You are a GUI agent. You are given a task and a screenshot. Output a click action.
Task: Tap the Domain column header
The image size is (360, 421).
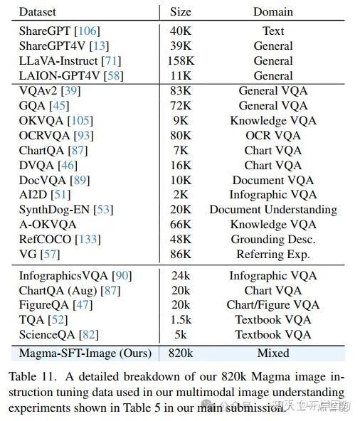coord(273,12)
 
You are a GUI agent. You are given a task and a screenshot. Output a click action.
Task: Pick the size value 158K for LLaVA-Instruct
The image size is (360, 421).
coord(181,61)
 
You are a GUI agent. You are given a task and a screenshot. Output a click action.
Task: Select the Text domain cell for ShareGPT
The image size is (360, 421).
coord(273,31)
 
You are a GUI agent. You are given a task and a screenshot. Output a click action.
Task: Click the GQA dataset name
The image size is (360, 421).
coord(33,106)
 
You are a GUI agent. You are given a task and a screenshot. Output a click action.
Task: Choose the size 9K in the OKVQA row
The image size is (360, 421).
coord(181,121)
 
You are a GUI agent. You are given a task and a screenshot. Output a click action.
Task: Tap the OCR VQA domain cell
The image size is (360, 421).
coord(273,136)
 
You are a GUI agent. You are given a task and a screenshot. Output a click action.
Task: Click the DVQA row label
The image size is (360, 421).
coord(36,166)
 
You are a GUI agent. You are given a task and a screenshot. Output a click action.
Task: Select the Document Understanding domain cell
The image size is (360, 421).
coord(273,210)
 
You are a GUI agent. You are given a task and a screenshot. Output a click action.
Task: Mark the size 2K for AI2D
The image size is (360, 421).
coord(181,195)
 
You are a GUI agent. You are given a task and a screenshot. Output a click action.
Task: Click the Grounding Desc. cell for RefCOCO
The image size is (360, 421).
coord(273,240)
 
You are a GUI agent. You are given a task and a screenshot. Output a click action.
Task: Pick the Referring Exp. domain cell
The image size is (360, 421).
coord(273,255)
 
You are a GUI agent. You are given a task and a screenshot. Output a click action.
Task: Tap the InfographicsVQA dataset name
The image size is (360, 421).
coord(66,276)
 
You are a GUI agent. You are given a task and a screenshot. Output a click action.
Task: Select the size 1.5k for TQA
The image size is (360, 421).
coord(181,320)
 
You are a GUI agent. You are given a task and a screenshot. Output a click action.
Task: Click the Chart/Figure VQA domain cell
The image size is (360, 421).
coord(273,305)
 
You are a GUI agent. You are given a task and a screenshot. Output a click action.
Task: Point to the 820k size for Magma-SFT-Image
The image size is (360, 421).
coord(181,352)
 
